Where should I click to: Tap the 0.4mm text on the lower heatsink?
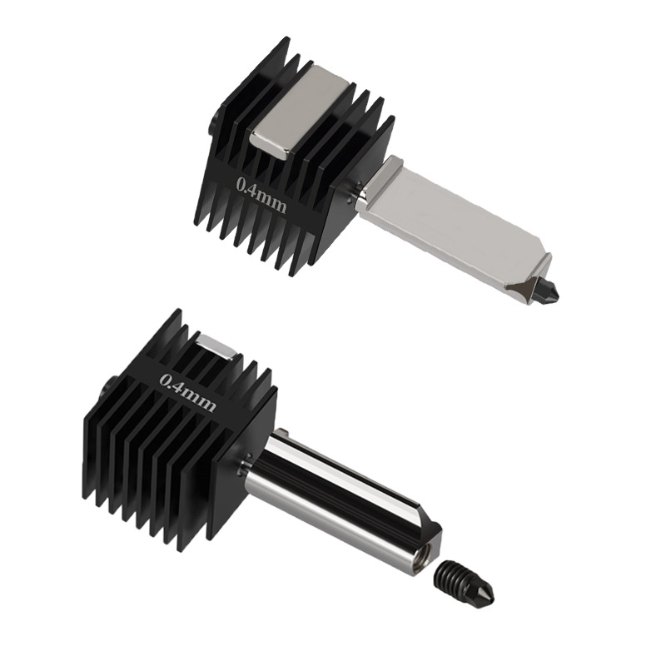187,392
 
